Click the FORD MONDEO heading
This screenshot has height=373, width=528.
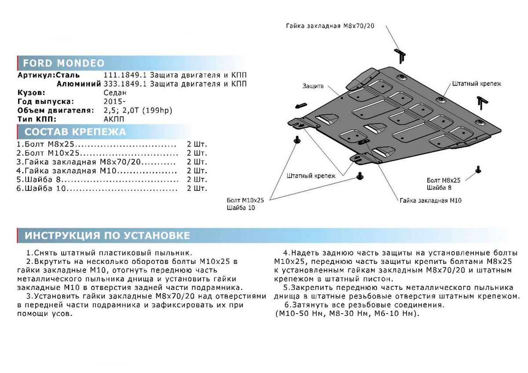64,62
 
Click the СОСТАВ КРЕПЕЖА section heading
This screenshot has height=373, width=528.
75,132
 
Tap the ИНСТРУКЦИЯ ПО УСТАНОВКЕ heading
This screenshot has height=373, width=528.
107,235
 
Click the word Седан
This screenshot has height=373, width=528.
115,93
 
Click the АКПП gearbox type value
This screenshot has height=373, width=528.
114,119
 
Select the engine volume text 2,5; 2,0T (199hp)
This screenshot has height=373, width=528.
138,110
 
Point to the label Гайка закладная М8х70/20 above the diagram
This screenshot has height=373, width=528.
330,26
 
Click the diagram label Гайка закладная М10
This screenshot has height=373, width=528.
431,201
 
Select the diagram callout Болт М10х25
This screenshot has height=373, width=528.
246,200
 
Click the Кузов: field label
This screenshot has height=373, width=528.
31,93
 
